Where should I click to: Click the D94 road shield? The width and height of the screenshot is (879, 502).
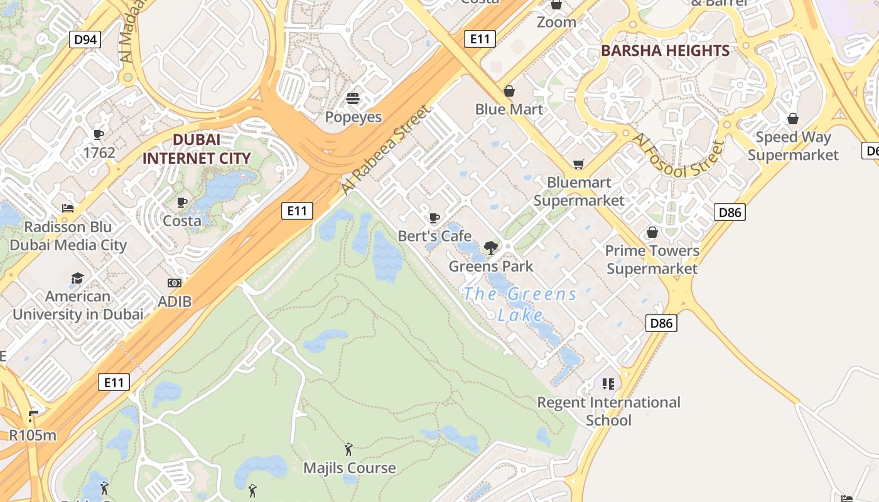[x=85, y=40]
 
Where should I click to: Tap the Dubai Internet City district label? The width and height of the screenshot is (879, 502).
[x=197, y=149]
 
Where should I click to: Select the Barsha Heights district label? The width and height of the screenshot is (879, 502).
[x=665, y=51]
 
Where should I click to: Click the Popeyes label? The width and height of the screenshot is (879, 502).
[x=353, y=117]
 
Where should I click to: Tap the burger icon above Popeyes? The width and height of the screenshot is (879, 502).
[x=353, y=99]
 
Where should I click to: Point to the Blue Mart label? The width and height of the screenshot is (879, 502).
[x=509, y=109]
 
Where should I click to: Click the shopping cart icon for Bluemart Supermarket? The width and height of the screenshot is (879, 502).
[x=578, y=164]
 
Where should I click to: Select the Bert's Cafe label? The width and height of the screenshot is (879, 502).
[x=434, y=236]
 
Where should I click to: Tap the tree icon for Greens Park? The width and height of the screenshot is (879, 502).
[x=491, y=248]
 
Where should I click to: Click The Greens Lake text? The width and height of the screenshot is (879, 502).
[x=520, y=304]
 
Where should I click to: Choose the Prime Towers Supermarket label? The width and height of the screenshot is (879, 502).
[x=652, y=260]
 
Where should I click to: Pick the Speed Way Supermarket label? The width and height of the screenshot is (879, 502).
[x=793, y=146]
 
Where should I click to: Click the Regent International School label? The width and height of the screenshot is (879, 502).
[x=608, y=411]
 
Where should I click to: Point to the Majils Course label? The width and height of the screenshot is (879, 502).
[x=350, y=467]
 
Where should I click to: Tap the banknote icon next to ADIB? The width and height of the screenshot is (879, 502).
[x=175, y=284]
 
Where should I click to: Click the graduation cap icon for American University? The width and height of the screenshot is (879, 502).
[x=77, y=278]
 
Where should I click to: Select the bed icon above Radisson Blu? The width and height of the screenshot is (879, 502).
[x=68, y=208]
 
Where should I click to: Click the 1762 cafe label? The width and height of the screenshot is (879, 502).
[x=99, y=152]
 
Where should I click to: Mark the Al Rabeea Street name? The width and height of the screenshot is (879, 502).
[x=386, y=149]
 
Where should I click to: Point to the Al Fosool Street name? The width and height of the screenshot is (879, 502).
[x=678, y=156]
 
